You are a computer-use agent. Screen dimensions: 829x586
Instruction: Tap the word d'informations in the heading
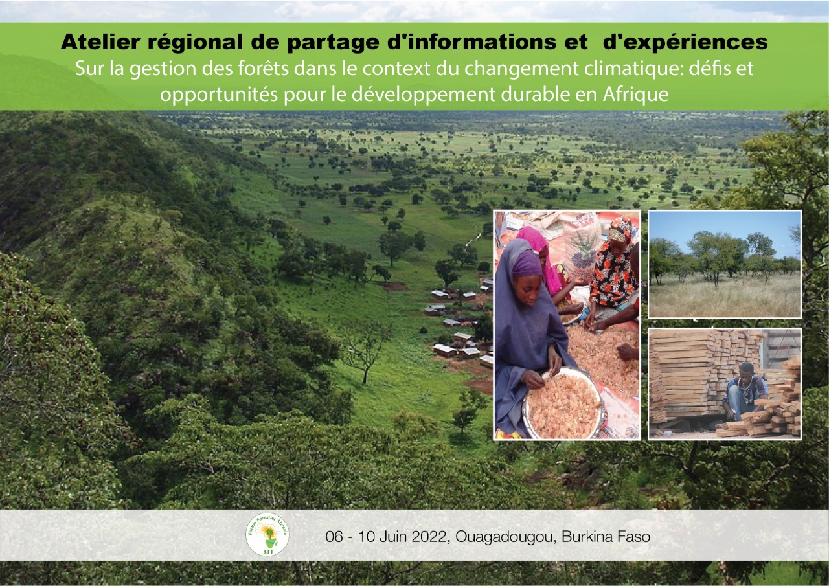pos(471,42)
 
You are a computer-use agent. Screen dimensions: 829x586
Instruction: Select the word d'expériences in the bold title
pos(685,43)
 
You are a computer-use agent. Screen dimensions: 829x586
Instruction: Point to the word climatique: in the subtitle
pos(633,69)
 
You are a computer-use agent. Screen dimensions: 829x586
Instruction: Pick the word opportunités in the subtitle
pos(219,95)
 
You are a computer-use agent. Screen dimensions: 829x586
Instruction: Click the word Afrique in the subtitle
pos(636,95)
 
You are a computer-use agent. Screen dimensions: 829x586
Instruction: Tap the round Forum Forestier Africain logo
pos(267,534)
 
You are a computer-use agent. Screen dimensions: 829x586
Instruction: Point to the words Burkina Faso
pos(606,537)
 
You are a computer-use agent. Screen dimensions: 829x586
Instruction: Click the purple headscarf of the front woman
pos(525,263)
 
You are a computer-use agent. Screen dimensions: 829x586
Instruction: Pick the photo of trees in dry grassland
pos(725,264)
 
